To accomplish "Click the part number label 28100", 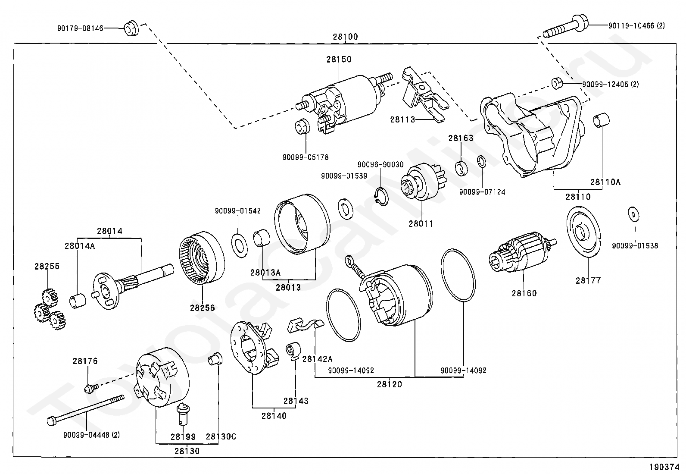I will tap(345, 37).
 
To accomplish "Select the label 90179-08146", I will tap(80, 28).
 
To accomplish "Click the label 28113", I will tap(402, 119).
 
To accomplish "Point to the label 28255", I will tap(47, 267).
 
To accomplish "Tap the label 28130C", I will tap(221, 437).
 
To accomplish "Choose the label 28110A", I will tap(605, 182).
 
